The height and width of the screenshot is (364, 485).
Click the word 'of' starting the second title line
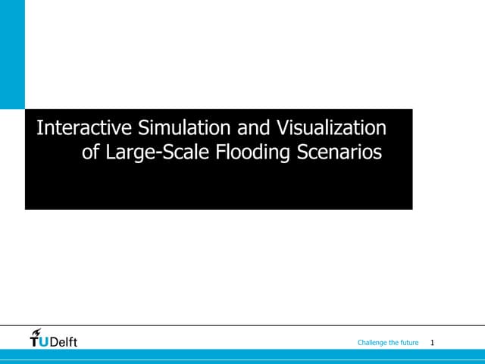point(90,152)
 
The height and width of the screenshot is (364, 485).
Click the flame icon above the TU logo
point(36,332)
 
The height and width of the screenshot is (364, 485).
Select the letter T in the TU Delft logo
point(34,342)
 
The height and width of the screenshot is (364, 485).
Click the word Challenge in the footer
point(372,344)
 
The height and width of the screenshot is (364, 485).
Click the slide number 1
point(431,344)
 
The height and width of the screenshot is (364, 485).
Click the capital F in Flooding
point(221,152)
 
